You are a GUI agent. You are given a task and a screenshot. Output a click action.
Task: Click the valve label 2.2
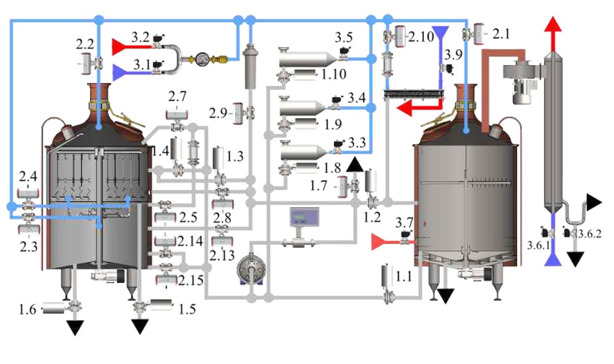point(84,44)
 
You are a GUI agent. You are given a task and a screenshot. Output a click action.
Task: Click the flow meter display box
point(304,218)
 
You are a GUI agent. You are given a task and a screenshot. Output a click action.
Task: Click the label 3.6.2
point(591,233)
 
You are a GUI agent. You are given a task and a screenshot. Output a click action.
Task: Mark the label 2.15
point(191,281)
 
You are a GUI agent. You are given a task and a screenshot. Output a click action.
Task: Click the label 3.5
point(343,37)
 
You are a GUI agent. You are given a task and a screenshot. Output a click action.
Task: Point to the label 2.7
point(177,97)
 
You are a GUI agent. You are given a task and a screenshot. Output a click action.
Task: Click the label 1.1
point(403,277)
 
